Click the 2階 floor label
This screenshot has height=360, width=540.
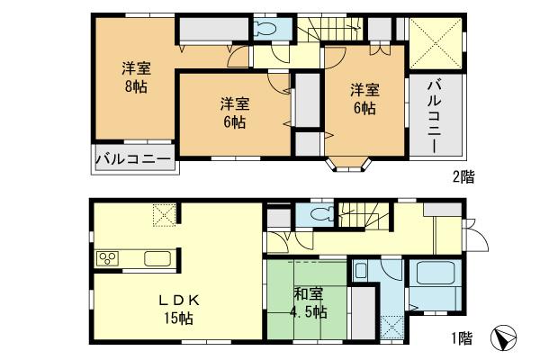tap(462, 178)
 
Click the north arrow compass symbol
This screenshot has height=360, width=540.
tap(506, 340)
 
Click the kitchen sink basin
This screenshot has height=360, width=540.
tap(157, 260)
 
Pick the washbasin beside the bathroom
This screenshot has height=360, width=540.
tap(361, 271)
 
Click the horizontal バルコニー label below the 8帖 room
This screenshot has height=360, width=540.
tap(135, 160)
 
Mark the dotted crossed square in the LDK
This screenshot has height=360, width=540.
tap(164, 215)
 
